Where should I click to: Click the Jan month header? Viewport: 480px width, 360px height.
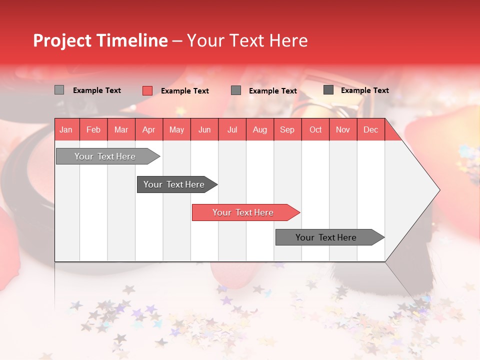point(66,130)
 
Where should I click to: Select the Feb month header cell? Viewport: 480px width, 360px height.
point(93,130)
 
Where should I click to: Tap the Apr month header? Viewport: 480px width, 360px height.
point(148,130)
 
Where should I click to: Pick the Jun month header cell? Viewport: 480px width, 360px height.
point(204,130)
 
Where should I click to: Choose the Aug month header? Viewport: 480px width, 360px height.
point(259,130)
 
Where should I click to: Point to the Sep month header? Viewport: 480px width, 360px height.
point(287,130)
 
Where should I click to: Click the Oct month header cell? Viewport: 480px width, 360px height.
point(315,130)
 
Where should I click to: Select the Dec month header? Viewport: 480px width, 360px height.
point(370,130)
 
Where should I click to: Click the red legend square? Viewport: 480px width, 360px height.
point(147,90)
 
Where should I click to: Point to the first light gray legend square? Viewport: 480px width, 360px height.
point(59,90)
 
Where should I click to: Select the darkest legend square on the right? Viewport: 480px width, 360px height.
point(328,90)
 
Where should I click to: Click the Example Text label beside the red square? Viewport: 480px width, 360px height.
point(184,91)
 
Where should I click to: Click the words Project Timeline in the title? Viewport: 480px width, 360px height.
point(100,40)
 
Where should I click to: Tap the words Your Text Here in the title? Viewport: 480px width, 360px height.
point(247,40)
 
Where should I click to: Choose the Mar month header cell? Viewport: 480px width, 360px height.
point(121,130)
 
